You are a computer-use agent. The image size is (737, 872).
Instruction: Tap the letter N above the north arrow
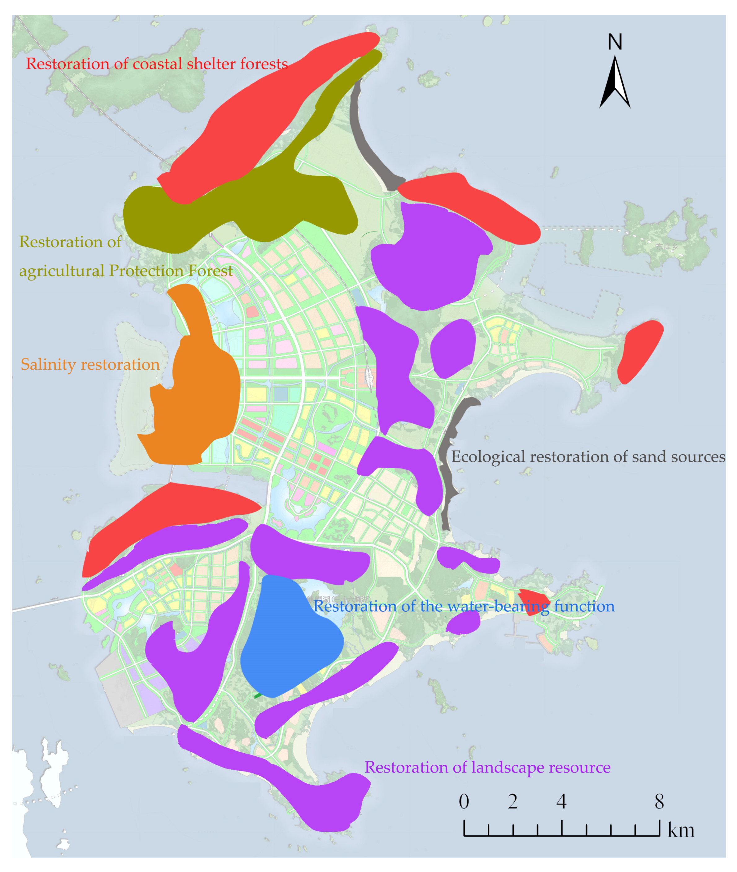tap(615, 42)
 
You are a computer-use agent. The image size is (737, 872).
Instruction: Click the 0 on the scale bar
tap(464, 801)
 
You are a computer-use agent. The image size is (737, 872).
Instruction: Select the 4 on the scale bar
tap(561, 801)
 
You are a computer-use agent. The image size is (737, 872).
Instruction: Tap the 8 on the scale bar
tap(659, 801)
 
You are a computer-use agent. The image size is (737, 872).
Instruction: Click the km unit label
tap(681, 830)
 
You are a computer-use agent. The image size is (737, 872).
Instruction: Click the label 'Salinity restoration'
tap(90, 364)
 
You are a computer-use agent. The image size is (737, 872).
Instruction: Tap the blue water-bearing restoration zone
tap(288, 640)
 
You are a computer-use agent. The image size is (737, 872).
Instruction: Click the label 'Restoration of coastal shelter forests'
tap(157, 64)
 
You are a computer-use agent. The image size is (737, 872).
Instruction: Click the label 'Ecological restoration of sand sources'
tap(588, 457)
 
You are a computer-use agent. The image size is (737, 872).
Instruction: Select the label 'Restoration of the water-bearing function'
tap(464, 606)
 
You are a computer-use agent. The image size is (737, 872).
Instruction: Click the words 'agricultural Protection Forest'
tap(126, 271)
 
